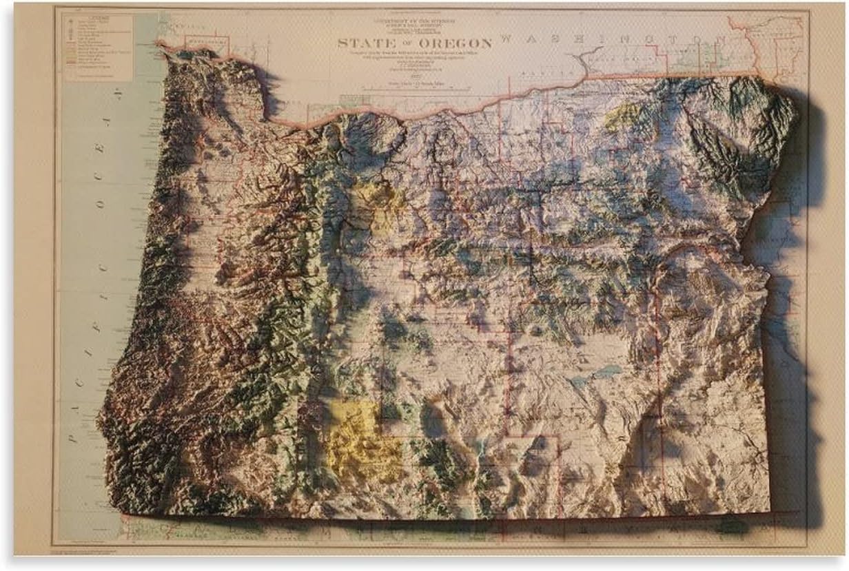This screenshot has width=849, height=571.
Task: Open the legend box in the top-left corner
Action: coord(97,47)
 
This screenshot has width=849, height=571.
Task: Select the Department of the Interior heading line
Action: coord(413,21)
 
